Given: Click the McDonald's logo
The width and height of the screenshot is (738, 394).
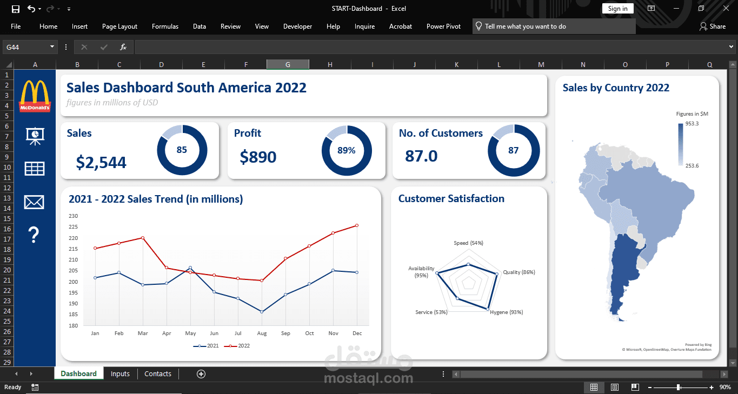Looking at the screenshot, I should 35,96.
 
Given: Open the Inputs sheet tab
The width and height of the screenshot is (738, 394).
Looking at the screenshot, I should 120,373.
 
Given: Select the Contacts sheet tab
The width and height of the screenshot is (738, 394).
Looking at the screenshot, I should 158,373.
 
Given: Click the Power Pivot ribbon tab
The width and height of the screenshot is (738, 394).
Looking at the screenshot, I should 443,26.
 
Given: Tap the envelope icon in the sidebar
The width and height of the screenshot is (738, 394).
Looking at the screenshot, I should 34,202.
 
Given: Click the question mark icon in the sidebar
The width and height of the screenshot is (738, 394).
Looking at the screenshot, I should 34,235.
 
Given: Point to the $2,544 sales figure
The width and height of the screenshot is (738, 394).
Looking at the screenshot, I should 101,162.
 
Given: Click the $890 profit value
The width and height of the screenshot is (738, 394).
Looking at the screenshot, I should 258,157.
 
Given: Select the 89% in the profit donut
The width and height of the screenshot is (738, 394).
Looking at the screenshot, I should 347,151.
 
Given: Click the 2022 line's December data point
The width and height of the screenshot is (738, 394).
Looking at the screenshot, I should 357,225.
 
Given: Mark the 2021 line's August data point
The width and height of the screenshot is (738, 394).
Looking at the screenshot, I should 262,312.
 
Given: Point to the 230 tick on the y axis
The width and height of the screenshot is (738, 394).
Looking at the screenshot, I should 74,216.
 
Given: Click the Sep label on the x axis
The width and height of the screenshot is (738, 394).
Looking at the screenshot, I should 285,333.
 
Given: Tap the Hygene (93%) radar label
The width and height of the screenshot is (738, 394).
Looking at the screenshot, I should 506,312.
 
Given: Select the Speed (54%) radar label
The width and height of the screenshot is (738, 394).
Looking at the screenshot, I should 468,243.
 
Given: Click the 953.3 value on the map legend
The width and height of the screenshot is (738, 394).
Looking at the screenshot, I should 692,124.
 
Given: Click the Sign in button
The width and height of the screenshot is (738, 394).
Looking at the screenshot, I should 617,9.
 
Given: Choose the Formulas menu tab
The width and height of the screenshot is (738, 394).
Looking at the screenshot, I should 165,26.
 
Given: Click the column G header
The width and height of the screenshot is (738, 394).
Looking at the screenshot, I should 288,65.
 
